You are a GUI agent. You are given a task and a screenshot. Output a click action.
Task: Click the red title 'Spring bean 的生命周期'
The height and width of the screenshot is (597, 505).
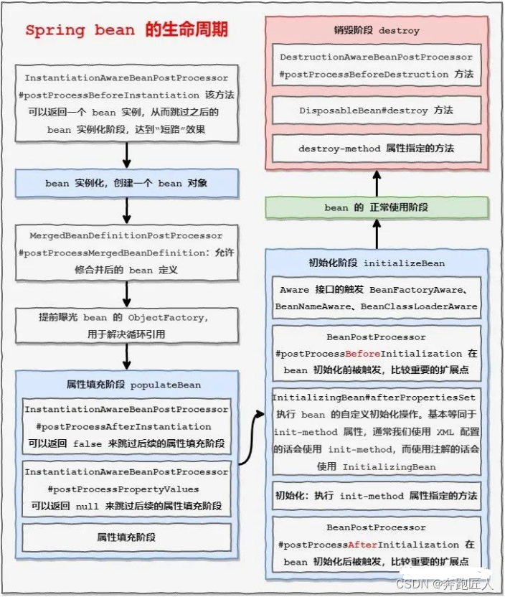[127, 31]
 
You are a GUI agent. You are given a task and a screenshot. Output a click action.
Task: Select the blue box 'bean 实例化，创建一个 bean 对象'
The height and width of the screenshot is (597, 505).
[126, 183]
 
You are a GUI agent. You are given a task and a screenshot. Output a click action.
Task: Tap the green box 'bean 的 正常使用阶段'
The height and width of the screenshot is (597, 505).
[376, 207]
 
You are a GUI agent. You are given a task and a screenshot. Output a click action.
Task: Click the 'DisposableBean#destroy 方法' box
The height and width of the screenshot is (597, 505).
[376, 111]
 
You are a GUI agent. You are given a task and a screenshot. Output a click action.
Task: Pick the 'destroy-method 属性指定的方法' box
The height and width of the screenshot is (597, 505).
[376, 149]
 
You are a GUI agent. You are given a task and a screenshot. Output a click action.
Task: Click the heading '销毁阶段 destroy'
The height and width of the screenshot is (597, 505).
[376, 31]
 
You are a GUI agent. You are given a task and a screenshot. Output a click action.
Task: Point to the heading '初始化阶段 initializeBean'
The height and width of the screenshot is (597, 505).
[376, 263]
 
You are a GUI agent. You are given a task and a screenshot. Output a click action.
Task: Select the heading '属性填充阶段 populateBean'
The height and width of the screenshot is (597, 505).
[126, 385]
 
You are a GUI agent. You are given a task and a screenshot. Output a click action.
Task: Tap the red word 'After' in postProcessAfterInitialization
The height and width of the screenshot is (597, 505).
[364, 545]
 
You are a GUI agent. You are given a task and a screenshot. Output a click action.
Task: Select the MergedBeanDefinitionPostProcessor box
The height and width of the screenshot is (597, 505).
[126, 253]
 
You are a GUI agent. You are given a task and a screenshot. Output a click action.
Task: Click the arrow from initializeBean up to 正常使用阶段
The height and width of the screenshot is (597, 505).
[376, 232]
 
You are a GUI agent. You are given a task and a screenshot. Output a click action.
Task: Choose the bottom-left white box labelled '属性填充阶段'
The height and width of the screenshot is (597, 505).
[126, 537]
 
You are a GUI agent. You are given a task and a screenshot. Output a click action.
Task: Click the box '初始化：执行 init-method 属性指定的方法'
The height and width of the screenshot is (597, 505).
[376, 496]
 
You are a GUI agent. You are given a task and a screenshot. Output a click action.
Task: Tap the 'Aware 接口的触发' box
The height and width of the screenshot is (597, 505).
[376, 298]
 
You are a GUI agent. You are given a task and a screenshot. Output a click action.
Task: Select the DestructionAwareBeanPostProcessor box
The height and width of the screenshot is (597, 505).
[376, 65]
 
